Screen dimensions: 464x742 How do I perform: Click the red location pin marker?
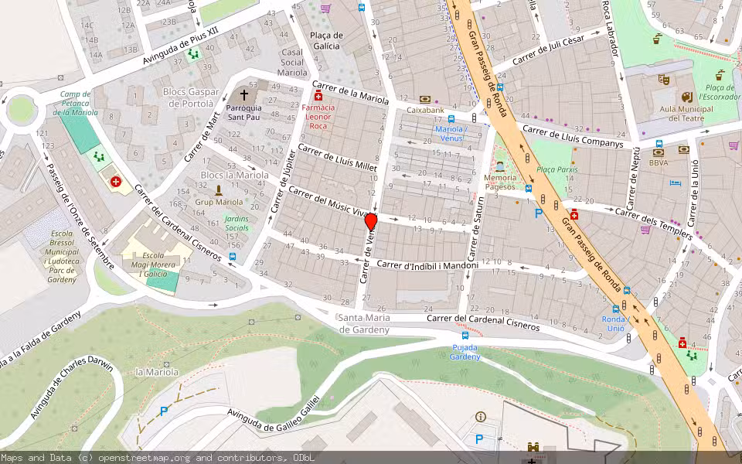(370, 223)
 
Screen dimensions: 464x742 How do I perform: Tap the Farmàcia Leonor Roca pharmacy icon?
(318, 96)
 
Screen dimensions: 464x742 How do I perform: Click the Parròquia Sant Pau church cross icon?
(244, 93)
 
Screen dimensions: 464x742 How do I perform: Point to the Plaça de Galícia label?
(325, 40)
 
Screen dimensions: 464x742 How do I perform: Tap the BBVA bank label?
(659, 162)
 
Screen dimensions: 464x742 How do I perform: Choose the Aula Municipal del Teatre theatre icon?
(686, 97)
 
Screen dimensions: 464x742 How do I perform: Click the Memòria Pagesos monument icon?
(500, 166)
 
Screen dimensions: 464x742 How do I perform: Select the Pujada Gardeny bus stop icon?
(465, 336)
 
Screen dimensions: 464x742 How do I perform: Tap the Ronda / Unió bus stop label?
(613, 323)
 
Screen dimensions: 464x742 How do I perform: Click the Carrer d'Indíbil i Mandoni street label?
(427, 265)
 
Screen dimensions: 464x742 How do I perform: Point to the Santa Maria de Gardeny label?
(363, 324)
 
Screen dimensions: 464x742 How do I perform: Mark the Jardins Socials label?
(237, 223)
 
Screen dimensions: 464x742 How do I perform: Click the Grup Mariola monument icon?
(219, 189)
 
